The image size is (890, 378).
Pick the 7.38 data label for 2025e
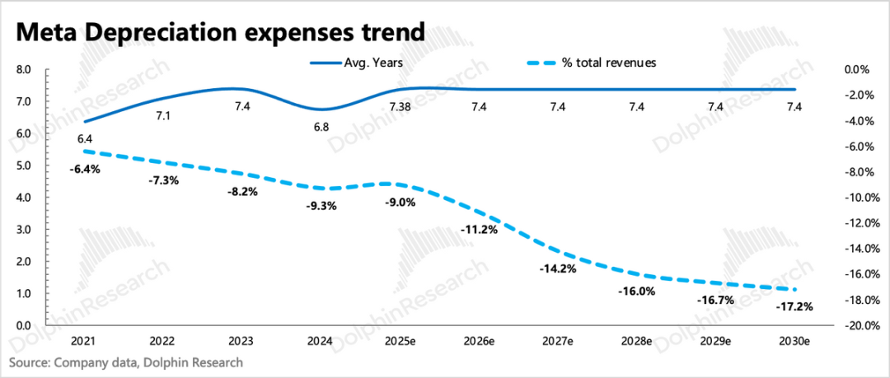pos(399,106)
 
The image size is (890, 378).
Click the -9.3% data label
pos(320,206)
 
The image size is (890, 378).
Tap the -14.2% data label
pos(557,268)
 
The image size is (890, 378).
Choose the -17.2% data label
pos(794,306)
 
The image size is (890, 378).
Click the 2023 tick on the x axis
pos(241,340)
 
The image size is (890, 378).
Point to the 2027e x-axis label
pos(558,340)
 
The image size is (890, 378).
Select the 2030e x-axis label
pos(795,340)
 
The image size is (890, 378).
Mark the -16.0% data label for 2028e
pos(636,291)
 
